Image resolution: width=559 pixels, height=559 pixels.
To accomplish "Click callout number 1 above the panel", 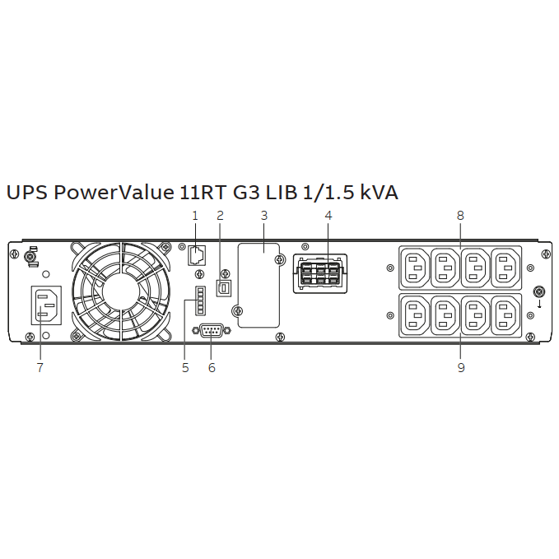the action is coord(194,216).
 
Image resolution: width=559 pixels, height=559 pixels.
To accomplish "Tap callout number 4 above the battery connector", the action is coord(328,216).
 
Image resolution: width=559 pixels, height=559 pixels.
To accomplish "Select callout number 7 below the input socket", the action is coord(40,367).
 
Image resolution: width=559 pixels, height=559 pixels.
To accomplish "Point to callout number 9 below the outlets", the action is coord(461,367).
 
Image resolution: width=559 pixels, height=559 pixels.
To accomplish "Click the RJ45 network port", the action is coord(197,255).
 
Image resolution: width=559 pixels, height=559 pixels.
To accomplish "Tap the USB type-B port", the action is coord(224,287).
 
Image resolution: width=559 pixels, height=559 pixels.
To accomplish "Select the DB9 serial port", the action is coord(212,330).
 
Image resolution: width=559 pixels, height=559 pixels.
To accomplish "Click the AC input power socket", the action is coord(46,305).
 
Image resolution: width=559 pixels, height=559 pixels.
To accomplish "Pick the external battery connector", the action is coord(320,274).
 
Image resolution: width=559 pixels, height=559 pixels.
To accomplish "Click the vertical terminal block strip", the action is coord(200,300).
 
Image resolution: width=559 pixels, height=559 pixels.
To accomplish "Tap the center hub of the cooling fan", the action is coord(121,291).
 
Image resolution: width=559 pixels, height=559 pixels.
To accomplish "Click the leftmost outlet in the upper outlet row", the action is coord(415,268).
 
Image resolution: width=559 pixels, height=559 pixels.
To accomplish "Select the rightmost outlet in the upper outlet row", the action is coord(505,268).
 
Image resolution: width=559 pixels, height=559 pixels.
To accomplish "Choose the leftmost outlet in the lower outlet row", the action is coord(415,315).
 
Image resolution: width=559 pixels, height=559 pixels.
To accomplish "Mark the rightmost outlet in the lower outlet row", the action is coord(505,315).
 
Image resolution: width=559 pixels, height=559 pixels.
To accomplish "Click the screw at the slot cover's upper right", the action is coord(281,259).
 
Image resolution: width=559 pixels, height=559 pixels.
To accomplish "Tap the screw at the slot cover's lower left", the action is coord(237,311).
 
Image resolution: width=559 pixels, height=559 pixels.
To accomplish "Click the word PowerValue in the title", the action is coord(114,192).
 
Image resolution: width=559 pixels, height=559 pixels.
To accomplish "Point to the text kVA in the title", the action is coord(380,192).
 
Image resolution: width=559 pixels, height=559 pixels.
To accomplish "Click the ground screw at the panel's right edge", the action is coord(539,291).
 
